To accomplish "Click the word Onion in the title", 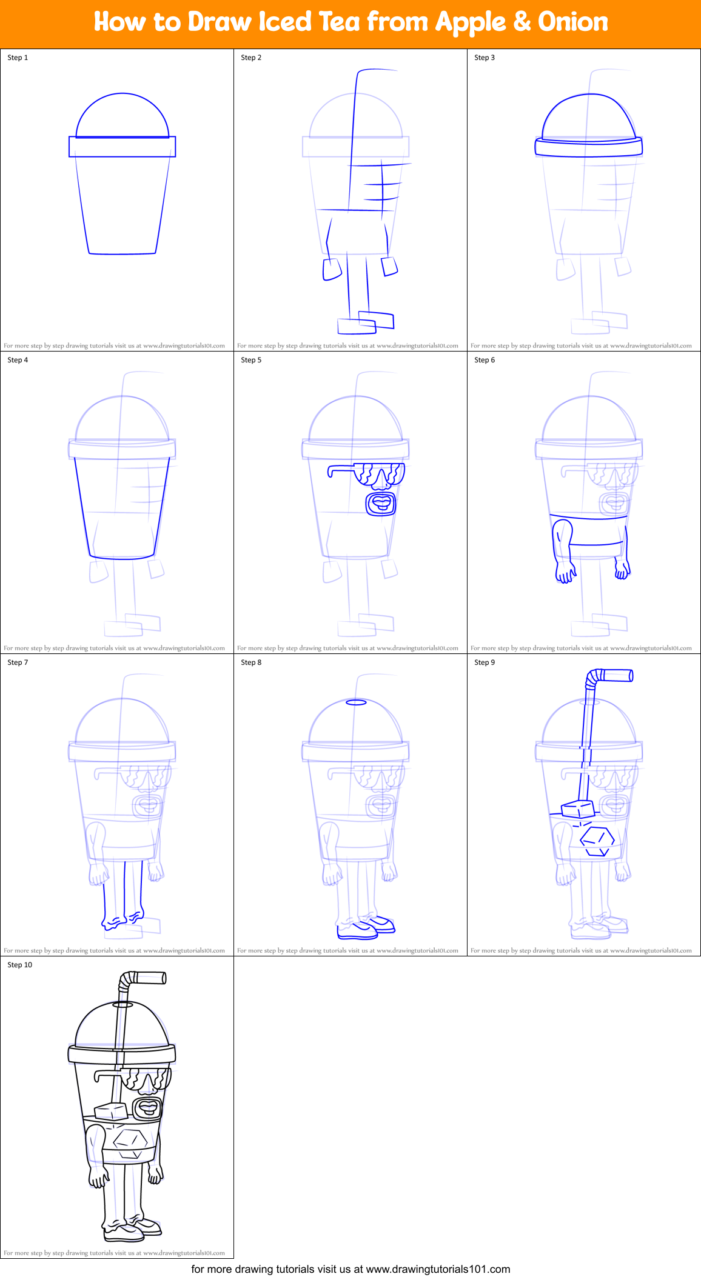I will pos(572,22).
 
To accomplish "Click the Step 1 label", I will pos(18,58).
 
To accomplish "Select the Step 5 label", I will pos(251,360).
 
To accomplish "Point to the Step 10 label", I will pos(19,965).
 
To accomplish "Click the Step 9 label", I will pos(485,662).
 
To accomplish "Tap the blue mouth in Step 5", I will pos(381,503).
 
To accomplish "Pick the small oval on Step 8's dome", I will pos(356,702).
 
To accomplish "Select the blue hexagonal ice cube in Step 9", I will pos(597,841).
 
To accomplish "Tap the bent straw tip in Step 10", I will pos(149,978).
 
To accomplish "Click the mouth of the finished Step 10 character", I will pos(147,1108).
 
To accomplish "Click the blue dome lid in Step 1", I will pos(122,115).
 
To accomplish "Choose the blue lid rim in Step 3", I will pos(588,147).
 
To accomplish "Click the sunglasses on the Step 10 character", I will pos(146,1077).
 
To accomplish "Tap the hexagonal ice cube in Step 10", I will pos(130,1142).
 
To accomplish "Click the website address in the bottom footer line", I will pos(438,1269).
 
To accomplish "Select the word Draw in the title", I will pos(219,22).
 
